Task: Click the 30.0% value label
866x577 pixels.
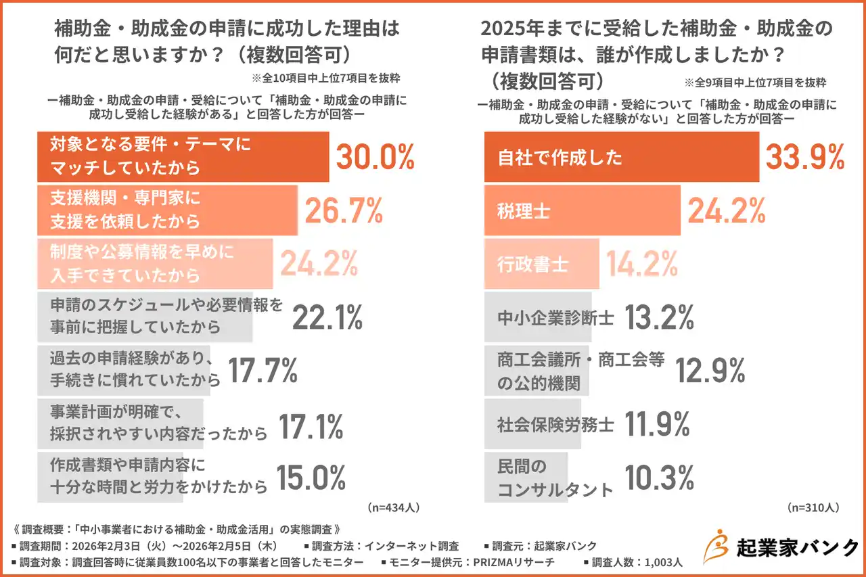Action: (x=375, y=157)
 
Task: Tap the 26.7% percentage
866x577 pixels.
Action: (x=344, y=211)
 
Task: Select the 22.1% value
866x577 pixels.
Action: (x=327, y=317)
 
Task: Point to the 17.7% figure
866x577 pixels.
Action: (x=263, y=370)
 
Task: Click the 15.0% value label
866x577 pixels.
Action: (x=311, y=477)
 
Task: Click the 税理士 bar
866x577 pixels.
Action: (x=582, y=211)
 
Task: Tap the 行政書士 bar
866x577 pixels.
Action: (x=541, y=264)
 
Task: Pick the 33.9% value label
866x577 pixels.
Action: (x=804, y=157)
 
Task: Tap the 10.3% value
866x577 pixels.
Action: (x=658, y=477)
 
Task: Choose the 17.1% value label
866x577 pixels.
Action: (x=311, y=424)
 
